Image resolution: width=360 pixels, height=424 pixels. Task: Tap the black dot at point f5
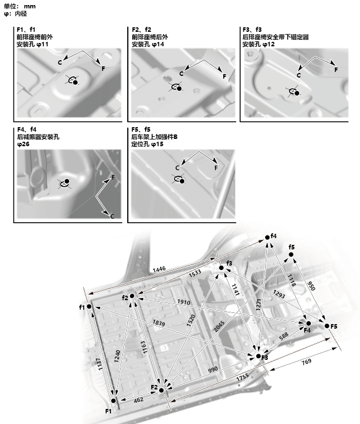(x=291, y=255)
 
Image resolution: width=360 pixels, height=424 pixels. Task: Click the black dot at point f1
(x=89, y=306)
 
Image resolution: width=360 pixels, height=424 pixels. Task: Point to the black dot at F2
(x=162, y=389)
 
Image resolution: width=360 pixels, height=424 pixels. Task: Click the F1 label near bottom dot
(x=109, y=411)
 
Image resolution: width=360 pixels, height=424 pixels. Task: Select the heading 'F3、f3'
(x=252, y=29)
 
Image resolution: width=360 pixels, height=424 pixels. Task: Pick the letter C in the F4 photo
(x=112, y=216)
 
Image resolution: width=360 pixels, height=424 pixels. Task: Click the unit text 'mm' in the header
(x=30, y=6)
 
